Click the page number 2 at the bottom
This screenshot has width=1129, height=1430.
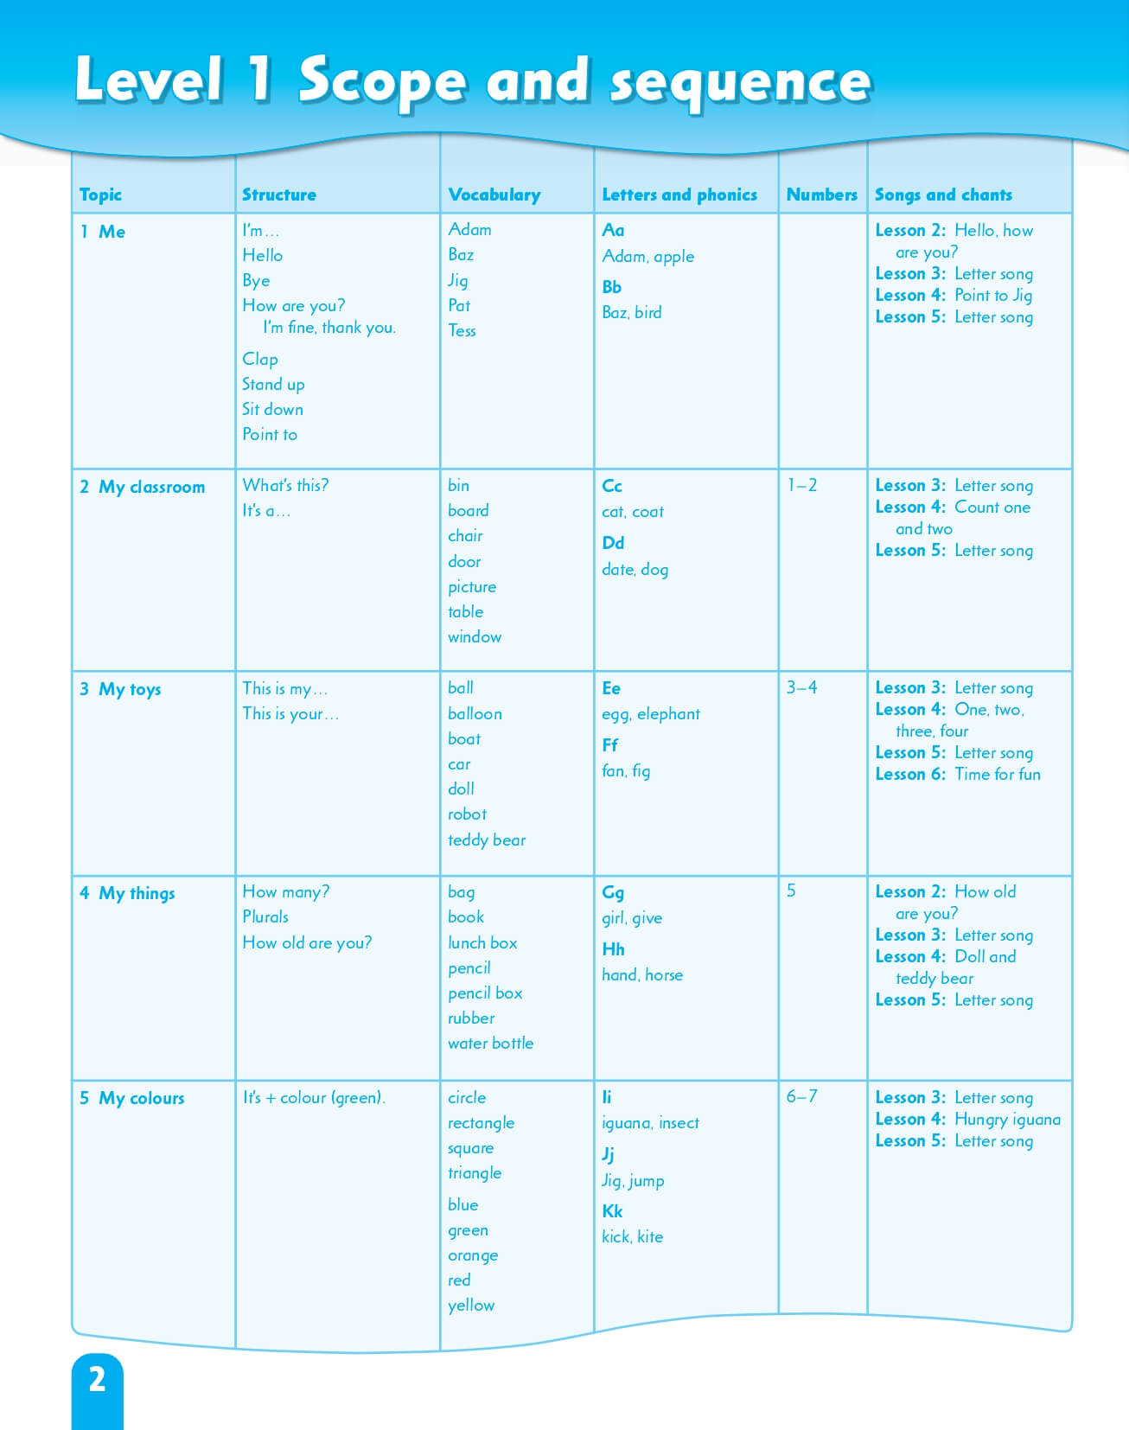coord(97,1379)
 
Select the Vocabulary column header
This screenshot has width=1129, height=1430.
coord(494,195)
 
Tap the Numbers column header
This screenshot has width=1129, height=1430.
coord(821,195)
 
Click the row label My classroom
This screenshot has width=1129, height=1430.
coord(151,487)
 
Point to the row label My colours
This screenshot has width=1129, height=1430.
coord(141,1098)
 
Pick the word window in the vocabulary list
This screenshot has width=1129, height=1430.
coord(475,637)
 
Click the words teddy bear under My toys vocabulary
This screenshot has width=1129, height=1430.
coord(487,839)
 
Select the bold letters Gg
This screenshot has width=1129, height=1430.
coord(613,892)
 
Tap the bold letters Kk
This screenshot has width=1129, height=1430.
coord(612,1210)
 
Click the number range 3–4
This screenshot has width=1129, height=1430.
coord(801,687)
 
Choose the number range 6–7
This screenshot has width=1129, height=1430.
coord(801,1096)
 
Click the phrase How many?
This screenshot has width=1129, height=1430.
coord(285,891)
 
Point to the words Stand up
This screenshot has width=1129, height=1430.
coord(273,384)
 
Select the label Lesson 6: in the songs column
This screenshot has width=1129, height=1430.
coord(910,774)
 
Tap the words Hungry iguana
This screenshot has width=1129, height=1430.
coord(1007,1119)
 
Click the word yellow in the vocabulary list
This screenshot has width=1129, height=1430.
coord(471,1305)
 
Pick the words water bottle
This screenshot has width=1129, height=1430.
coord(490,1044)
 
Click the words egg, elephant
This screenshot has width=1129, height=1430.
coord(651,714)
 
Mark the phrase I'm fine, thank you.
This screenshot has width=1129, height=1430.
coord(329,328)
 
